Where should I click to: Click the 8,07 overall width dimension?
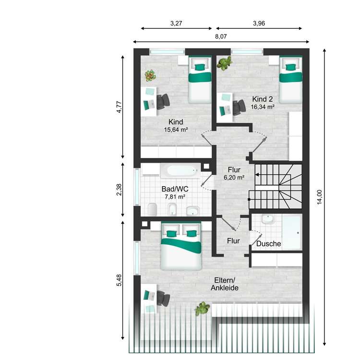[221, 36]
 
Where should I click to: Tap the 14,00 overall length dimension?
[319, 197]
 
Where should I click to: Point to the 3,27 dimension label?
[176, 23]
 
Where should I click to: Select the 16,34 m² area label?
[263, 107]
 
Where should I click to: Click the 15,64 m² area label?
[176, 130]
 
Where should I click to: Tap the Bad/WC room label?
[175, 189]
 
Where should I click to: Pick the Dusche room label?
[268, 243]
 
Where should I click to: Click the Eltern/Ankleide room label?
[225, 284]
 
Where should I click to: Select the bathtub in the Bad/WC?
[180, 170]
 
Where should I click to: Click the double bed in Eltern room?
[181, 246]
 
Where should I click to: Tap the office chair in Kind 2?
[239, 108]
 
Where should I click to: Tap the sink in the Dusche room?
[268, 219]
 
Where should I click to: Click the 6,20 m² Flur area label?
[234, 178]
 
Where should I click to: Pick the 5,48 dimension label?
[119, 280]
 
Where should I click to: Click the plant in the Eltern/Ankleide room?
[202, 309]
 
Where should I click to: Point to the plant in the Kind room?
[150, 76]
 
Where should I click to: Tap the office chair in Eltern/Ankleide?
[163, 298]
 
